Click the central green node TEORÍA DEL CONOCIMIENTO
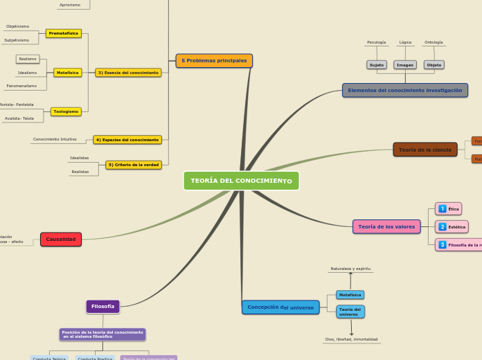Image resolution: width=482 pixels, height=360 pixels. coord(241,181)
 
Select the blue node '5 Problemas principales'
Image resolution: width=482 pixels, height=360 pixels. coord(214,61)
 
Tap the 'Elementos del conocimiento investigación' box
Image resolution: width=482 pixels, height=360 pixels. coord(404,91)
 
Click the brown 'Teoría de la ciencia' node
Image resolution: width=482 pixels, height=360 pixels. coord(425,150)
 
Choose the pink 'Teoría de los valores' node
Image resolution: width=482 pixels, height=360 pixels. coord(386,226)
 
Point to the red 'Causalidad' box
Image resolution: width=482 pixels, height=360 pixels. coord(61,240)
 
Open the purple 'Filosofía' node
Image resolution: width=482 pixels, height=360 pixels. coord(102,306)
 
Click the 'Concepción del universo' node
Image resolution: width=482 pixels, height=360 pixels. coord(280,307)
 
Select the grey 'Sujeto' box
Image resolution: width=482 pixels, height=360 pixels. coord(377,65)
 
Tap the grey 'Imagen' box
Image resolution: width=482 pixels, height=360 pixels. coord(405,65)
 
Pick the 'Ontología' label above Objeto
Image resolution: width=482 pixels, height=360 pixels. coord(434,42)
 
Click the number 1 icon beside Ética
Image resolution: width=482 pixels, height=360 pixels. coord(443,209)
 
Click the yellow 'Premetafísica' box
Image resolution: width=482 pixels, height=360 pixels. coord(64,33)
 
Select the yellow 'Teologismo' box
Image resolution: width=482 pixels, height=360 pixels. coord(66,111)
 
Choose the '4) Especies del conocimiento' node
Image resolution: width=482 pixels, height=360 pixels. coord(127,140)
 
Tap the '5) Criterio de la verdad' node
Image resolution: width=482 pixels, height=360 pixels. coord(134,165)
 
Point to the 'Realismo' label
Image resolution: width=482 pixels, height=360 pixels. coord(28,59)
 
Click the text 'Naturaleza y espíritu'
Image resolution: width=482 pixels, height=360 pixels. coord(350,268)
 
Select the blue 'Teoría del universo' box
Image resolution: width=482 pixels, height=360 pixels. coord(350,312)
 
